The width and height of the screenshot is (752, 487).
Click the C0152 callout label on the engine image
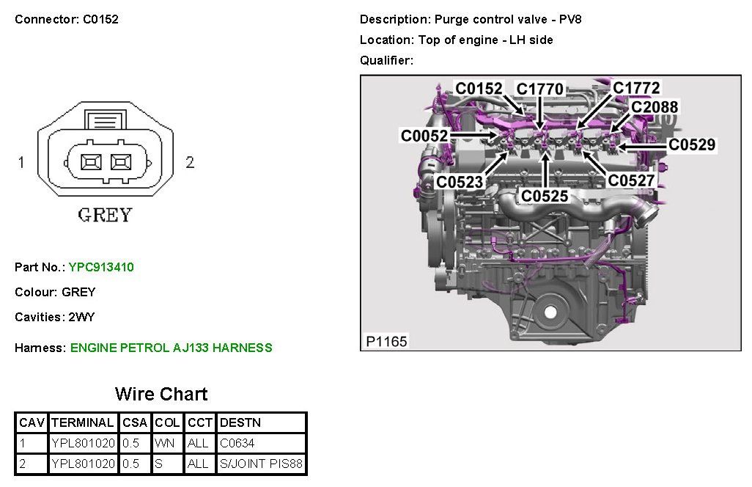point(479,89)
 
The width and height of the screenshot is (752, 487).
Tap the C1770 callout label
point(540,89)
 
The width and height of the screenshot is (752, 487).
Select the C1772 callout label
point(636,88)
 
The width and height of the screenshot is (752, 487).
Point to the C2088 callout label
point(655,107)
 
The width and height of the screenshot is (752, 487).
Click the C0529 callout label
point(691,145)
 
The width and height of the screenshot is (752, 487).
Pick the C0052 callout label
point(424,136)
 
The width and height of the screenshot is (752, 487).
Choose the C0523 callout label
point(460,181)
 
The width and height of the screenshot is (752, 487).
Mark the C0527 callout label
point(632,180)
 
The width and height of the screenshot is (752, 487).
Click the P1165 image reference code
point(386,341)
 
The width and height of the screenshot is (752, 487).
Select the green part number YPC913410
point(101,267)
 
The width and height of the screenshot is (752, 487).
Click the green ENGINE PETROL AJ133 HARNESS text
point(172,348)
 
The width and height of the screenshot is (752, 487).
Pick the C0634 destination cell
point(237,443)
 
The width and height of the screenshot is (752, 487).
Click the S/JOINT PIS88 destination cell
point(261,464)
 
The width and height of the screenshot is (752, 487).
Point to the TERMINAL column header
point(83,422)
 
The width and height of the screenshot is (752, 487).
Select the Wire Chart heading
point(161,394)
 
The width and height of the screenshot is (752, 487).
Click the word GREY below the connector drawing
point(105,216)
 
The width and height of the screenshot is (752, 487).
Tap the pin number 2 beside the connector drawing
point(190,162)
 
